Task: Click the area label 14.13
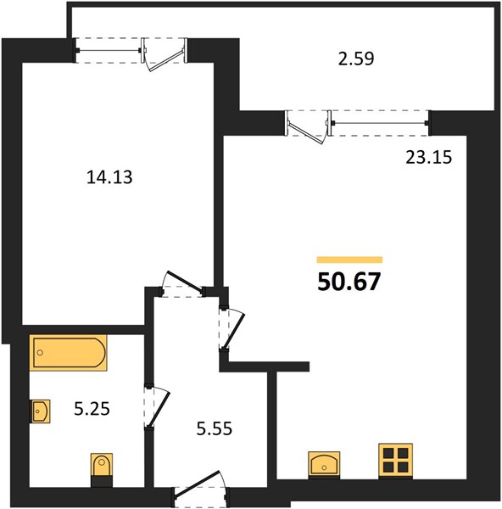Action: pos(109,177)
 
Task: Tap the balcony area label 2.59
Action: pos(356,59)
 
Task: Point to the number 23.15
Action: pos(429,158)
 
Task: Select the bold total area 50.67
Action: pos(349,282)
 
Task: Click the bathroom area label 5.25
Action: pos(92,409)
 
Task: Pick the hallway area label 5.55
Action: pos(215,428)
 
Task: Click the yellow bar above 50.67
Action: pos(350,260)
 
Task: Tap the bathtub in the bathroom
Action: pos(68,353)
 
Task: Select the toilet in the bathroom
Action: pos(102,469)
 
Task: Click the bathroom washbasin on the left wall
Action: pos(40,411)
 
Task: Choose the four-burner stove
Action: pos(395,461)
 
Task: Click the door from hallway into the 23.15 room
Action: pos(231,328)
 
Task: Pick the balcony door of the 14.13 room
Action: pos(165,54)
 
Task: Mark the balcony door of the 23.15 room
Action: pos(309,126)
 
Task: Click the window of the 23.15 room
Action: pos(380,123)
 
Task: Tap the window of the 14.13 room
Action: pos(109,50)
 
